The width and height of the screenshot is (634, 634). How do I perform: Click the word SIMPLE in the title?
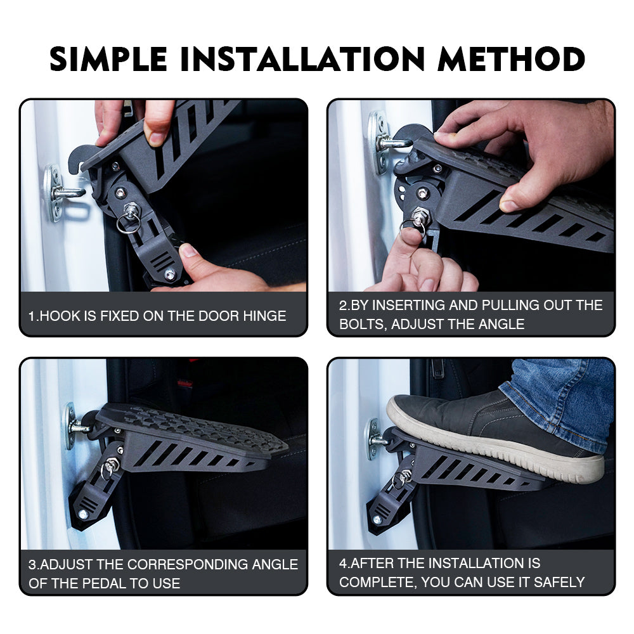click(x=108, y=59)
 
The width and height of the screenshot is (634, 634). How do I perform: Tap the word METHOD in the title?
click(x=512, y=59)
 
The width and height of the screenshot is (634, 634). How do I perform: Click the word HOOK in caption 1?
click(x=60, y=316)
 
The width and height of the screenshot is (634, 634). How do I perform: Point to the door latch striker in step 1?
click(x=65, y=193)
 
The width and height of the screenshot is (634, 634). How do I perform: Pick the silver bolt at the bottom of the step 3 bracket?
click(x=84, y=514)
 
